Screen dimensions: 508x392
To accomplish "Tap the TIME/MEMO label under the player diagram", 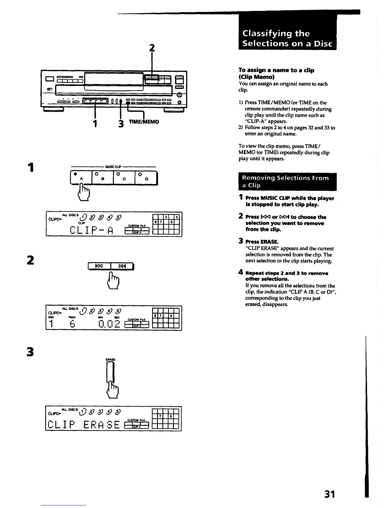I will click(x=144, y=122).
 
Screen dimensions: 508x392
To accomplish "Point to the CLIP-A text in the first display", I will click(x=91, y=230).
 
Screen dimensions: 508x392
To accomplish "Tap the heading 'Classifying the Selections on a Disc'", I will click(x=287, y=38).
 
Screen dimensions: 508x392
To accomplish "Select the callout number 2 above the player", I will click(x=152, y=48).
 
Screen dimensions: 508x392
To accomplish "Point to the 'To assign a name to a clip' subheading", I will click(x=276, y=70).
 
